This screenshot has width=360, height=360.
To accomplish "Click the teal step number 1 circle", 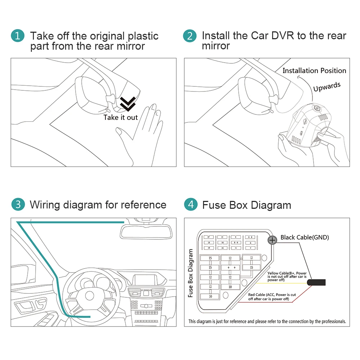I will click(18, 36).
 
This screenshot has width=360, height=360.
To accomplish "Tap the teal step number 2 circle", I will click(190, 36).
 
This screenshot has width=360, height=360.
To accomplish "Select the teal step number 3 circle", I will click(18, 204).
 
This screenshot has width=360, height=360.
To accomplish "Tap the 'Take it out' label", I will click(121, 118).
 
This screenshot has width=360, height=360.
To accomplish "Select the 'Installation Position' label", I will click(314, 71).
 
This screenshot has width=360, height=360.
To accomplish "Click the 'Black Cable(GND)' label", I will click(305, 237).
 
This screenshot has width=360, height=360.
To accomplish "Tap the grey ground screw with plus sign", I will click(273, 240).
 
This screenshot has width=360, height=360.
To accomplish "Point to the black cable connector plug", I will click(318, 282).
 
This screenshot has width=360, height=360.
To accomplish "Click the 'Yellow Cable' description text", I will click(287, 276).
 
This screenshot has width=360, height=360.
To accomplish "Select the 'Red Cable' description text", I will click(272, 297).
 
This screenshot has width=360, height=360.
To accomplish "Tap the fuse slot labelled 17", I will click(208, 237).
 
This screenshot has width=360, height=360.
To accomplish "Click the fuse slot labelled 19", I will click(208, 248).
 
